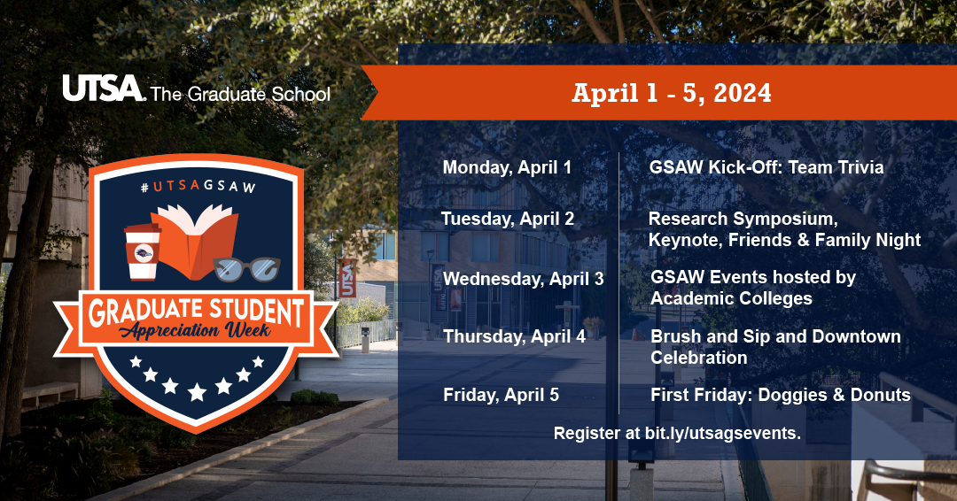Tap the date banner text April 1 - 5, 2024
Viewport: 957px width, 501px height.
[x=671, y=93]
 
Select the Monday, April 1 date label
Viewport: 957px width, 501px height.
[x=507, y=167]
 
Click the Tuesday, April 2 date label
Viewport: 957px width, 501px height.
[x=508, y=219]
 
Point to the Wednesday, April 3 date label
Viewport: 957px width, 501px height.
[x=523, y=279]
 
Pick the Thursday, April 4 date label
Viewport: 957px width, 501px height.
[x=514, y=336]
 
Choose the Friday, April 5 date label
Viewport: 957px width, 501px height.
[x=501, y=395]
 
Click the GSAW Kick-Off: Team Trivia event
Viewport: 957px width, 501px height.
[x=766, y=167]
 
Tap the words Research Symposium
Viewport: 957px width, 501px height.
[x=743, y=219]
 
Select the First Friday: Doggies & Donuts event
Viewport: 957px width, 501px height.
[x=780, y=395]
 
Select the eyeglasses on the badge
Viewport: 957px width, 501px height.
[x=247, y=266]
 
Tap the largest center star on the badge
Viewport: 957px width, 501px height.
[x=197, y=390]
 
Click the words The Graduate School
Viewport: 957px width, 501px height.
[x=240, y=93]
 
